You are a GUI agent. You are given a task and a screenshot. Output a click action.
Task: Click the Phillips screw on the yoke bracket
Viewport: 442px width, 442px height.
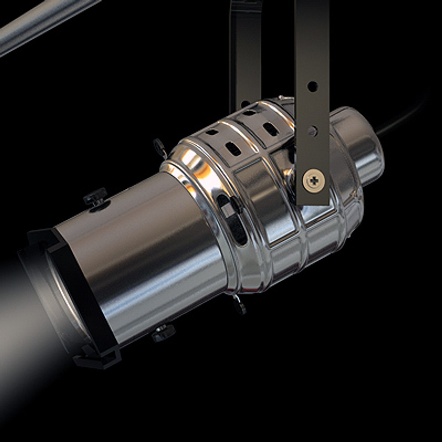pyautogui.click(x=314, y=180)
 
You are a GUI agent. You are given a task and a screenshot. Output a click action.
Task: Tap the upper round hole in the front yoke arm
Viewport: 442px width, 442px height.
pyautogui.click(x=312, y=86)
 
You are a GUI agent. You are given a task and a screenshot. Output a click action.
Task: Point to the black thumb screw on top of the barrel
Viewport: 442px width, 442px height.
pyautogui.click(x=95, y=197)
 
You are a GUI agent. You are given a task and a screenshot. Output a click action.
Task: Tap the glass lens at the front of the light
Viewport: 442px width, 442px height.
pyautogui.click(x=65, y=295)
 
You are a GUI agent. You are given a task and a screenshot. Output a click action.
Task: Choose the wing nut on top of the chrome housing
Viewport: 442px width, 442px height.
pyautogui.click(x=160, y=147)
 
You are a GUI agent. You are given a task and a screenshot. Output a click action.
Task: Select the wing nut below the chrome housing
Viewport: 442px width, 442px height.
pyautogui.click(x=240, y=304)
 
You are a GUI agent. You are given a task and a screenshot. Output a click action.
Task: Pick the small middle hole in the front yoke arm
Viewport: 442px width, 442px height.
pyautogui.click(x=312, y=131)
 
